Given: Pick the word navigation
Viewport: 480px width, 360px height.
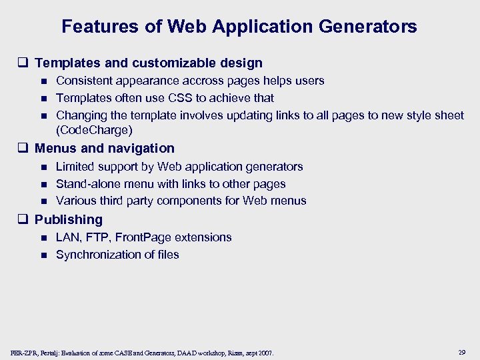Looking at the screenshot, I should pyautogui.click(x=140, y=148).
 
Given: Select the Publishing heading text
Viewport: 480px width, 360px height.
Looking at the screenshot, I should pyautogui.click(x=69, y=219).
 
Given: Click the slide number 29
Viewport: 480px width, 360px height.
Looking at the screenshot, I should pyautogui.click(x=463, y=351).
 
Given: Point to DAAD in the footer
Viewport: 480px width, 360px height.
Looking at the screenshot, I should pyautogui.click(x=184, y=352).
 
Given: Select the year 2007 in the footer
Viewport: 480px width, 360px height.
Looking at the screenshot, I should pyautogui.click(x=265, y=352).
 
